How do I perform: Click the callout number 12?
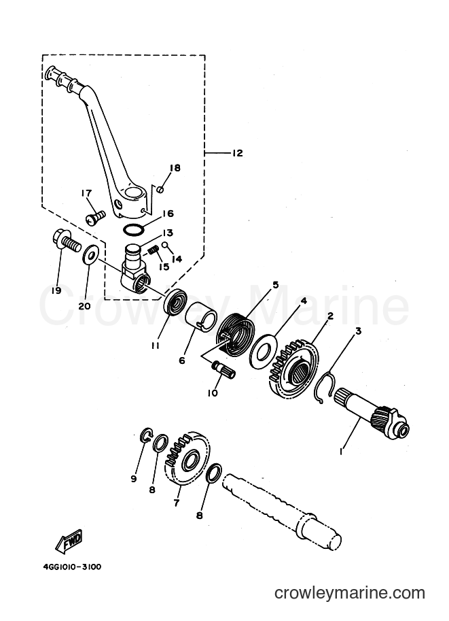point(237,152)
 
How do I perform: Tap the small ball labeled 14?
point(164,245)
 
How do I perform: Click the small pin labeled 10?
point(224,369)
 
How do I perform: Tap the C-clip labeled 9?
point(145,435)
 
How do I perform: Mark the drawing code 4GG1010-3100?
point(72,567)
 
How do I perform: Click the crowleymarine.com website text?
point(350,593)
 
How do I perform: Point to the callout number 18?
point(175,167)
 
